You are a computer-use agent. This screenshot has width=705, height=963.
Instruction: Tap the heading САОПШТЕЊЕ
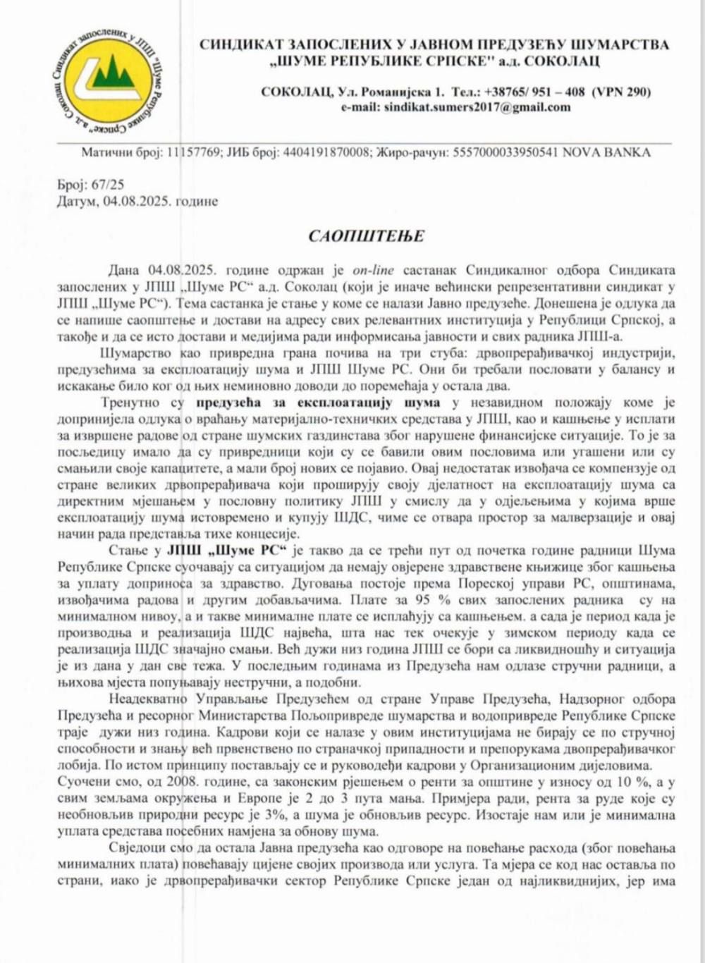tap(366, 235)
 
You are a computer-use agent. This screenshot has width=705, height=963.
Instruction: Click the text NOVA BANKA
tap(606, 152)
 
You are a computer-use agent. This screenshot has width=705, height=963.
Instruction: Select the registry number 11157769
tap(192, 152)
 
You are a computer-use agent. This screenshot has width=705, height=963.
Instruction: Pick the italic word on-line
tap(373, 270)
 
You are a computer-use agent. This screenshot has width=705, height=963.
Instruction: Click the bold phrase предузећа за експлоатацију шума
tap(318, 403)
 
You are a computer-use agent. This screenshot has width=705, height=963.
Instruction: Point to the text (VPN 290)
tap(620, 92)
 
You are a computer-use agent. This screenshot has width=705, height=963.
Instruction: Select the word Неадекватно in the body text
tap(148, 699)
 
